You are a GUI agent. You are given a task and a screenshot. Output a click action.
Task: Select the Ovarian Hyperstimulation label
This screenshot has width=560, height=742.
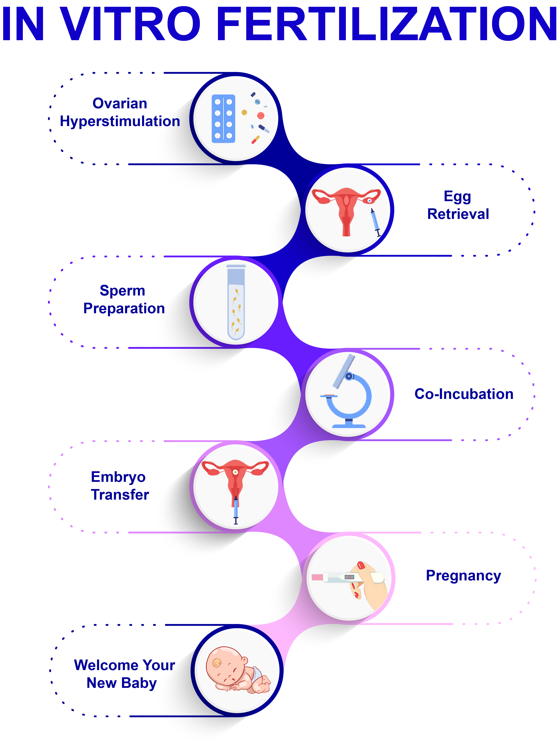[x=120, y=112]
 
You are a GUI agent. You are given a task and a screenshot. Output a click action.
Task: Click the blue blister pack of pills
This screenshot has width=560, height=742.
[x=223, y=119]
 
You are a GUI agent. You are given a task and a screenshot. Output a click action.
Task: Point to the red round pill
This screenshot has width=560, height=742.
[x=260, y=116]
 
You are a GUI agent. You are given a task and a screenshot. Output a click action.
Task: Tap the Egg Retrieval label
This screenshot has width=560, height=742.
[x=458, y=205]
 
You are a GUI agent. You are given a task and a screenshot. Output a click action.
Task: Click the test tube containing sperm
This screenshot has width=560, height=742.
[x=236, y=302]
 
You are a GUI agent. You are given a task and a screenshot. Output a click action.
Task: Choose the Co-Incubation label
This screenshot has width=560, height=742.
[x=464, y=394]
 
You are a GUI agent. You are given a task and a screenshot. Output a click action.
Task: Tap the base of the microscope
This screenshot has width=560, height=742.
[x=349, y=425]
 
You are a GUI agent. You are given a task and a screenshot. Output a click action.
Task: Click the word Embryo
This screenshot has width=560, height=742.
[x=118, y=477]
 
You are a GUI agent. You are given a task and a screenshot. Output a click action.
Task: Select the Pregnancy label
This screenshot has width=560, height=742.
[x=463, y=576]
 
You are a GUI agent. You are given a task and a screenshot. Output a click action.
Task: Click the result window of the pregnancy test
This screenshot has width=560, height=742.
[x=349, y=577]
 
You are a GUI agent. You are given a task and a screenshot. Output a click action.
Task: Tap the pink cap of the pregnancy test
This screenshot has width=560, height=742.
[x=317, y=577]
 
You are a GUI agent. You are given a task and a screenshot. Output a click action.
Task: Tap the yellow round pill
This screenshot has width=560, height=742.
[x=244, y=112]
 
